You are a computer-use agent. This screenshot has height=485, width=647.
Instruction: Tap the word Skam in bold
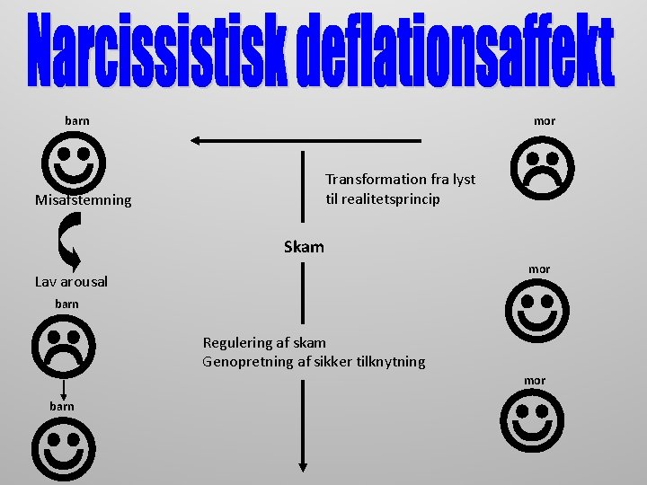(x=304, y=247)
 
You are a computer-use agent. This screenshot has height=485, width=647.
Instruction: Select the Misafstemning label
(x=83, y=200)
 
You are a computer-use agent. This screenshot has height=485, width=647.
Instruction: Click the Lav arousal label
(x=71, y=282)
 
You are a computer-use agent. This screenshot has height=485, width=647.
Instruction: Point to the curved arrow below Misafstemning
(x=70, y=240)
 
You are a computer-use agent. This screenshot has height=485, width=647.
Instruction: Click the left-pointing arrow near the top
(x=306, y=140)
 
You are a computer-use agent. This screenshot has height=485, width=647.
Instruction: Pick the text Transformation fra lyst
(x=400, y=180)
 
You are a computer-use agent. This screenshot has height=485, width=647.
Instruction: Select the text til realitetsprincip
(x=383, y=199)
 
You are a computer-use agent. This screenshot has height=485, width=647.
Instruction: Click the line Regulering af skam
(x=264, y=342)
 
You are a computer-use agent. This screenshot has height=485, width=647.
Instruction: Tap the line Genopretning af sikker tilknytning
(x=314, y=362)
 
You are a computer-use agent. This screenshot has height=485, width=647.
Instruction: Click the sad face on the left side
(x=64, y=347)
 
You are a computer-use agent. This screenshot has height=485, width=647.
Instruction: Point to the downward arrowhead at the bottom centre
(x=304, y=464)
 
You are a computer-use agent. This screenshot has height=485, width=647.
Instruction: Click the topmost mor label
(x=545, y=121)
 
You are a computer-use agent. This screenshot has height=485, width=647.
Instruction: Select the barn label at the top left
(x=77, y=120)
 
